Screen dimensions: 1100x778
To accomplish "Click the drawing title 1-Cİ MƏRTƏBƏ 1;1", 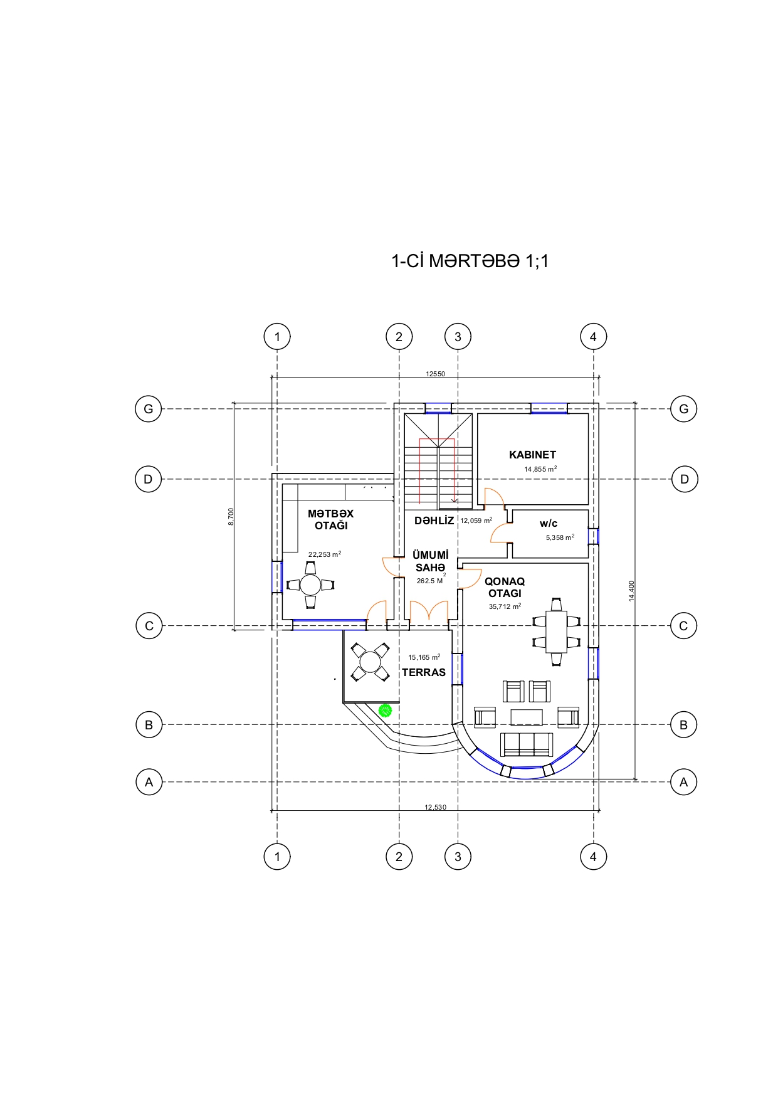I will coord(470,261).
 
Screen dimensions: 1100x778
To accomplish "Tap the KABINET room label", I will coord(532,455).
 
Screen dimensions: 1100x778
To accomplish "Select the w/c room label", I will coord(549,523).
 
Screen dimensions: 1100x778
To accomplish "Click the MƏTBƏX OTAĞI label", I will coord(330,519).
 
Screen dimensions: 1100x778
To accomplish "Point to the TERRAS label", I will coord(424,672).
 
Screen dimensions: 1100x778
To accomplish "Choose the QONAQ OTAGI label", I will coord(505,587).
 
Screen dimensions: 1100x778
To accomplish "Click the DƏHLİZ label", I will coord(434,521).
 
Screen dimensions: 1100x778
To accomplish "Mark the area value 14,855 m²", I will coord(540,469).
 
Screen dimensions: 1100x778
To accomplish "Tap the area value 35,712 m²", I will coord(505,606).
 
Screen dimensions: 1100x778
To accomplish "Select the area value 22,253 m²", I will coord(325,554).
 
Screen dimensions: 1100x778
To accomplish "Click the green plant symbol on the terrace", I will coord(385,711).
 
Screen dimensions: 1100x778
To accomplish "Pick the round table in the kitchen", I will coord(310,584).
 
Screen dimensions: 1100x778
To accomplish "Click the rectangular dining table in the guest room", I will coord(556,632).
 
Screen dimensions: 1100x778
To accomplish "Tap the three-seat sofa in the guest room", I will coord(527,744).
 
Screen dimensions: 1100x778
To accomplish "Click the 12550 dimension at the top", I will coord(435,374).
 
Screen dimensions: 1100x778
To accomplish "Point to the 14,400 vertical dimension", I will coord(631,591).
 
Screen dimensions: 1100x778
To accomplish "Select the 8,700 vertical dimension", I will coord(231,517).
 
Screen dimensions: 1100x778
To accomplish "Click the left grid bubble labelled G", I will coord(149,409).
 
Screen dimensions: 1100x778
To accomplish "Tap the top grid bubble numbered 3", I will coord(458,337).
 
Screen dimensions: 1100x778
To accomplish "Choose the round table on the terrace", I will coord(370,662).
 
